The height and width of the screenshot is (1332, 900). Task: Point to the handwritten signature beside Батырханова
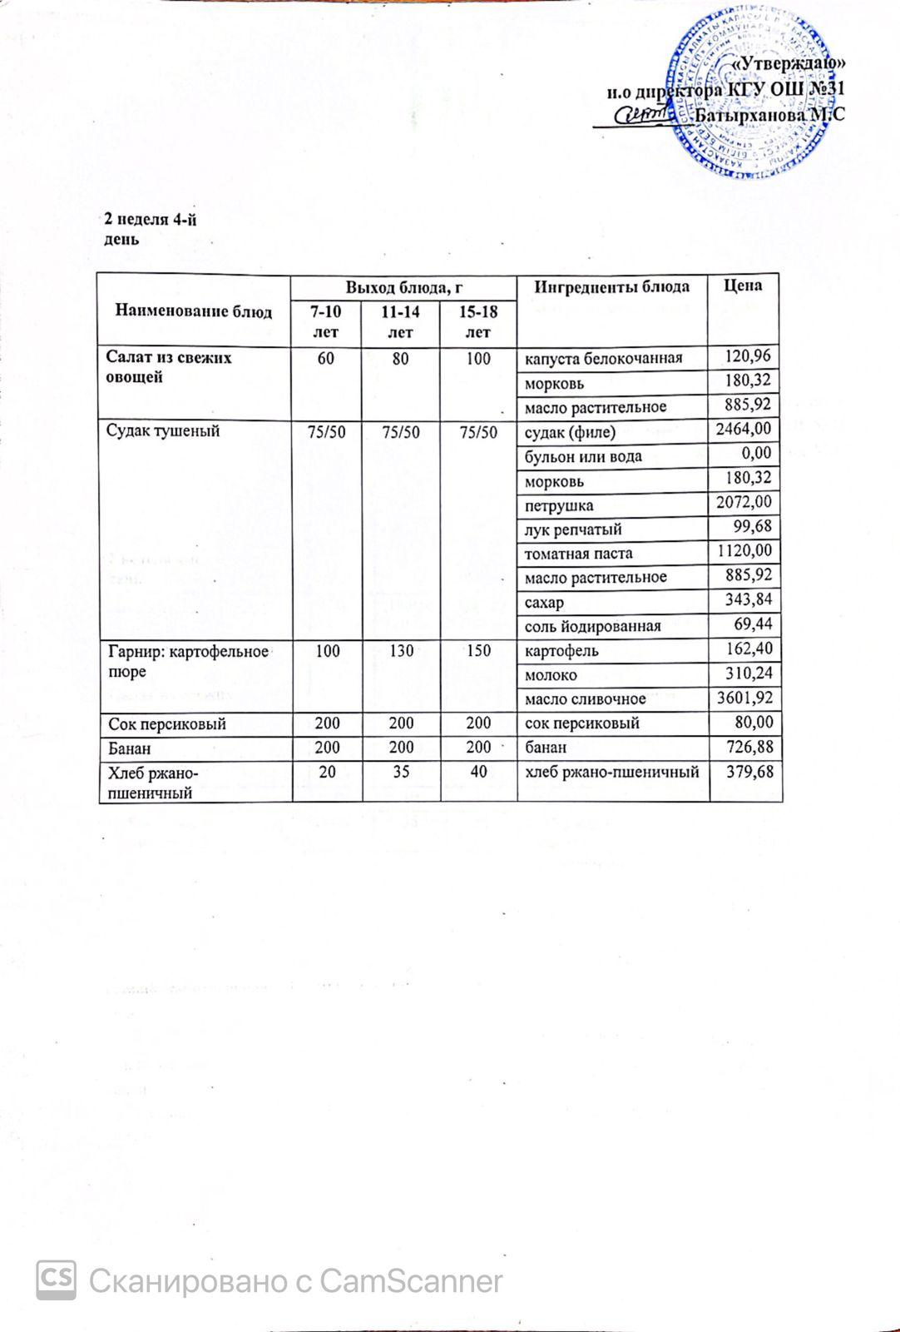(641, 117)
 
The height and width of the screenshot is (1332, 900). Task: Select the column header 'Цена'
(743, 286)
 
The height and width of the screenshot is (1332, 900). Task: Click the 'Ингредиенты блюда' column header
(611, 286)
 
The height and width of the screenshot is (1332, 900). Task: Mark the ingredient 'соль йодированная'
(591, 626)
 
